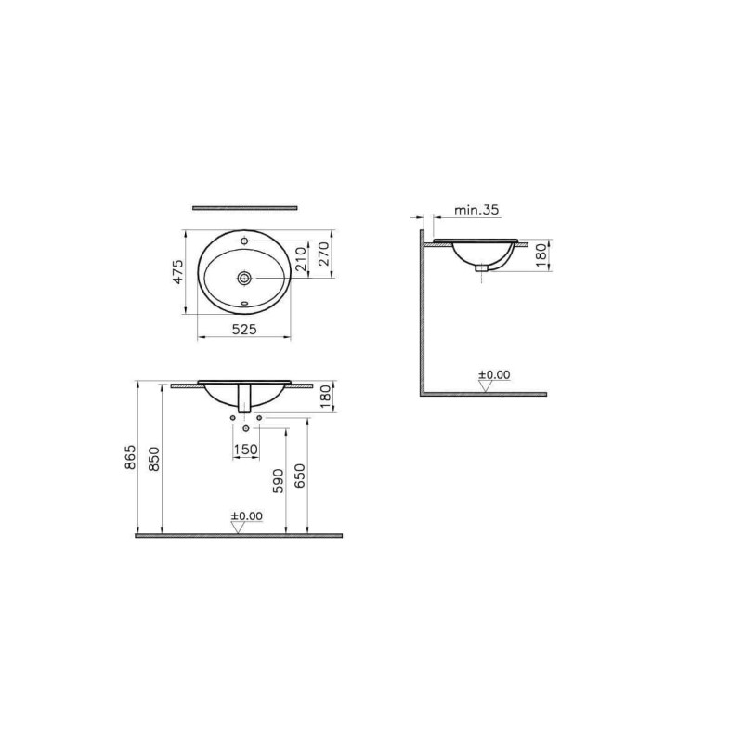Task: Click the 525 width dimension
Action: click(x=244, y=329)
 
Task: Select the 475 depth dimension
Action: click(x=177, y=271)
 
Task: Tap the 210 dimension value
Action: click(x=301, y=259)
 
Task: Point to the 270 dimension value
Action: click(x=323, y=254)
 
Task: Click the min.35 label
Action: click(x=476, y=210)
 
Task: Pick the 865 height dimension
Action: click(x=130, y=457)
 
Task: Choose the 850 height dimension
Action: click(x=155, y=458)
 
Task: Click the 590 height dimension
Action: click(x=279, y=481)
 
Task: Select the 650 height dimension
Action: click(x=300, y=476)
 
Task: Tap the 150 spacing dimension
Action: click(x=246, y=449)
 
